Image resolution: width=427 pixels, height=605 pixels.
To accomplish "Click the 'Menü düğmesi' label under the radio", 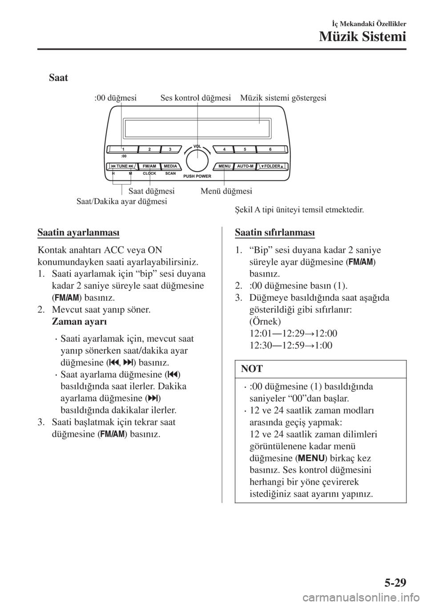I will click(x=226, y=191).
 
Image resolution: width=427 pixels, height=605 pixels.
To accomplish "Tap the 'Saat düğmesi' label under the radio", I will click(x=151, y=191).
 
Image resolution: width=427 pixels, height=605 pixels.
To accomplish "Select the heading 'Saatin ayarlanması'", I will click(x=78, y=232).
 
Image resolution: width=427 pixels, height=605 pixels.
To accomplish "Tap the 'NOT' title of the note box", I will click(x=252, y=369).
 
